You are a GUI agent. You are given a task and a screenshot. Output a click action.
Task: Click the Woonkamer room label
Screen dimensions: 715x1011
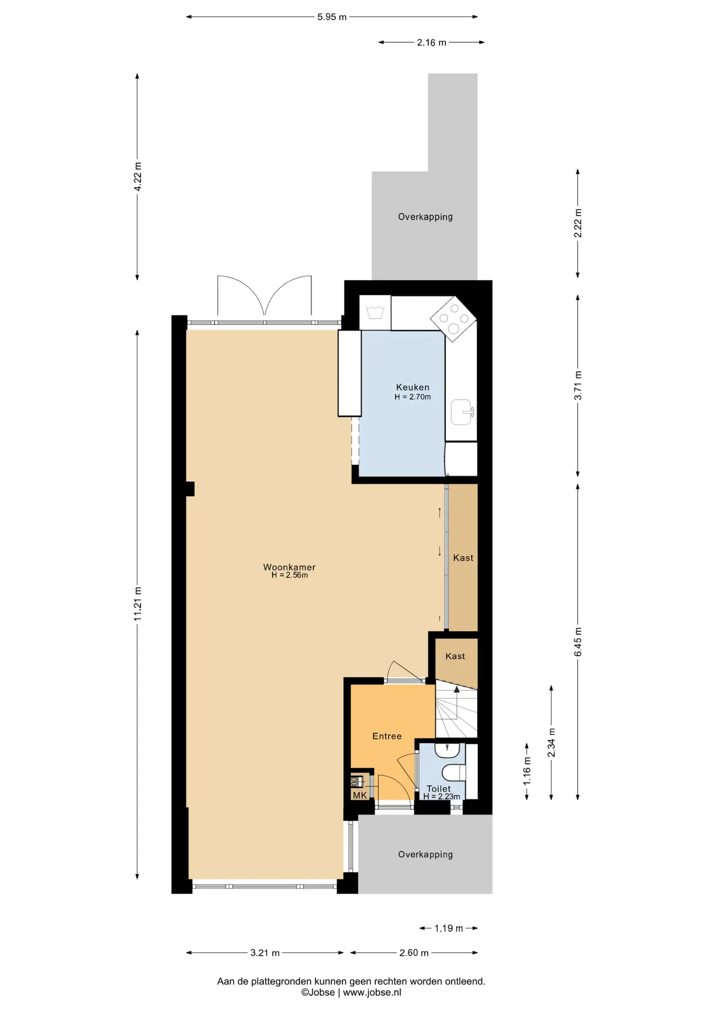pos(289,567)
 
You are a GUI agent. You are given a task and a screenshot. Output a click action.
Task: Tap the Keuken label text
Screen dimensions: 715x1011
pos(413,387)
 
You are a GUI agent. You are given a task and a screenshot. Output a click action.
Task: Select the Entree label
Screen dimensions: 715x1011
pos(387,736)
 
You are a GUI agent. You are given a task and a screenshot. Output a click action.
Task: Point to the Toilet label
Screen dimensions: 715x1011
pos(439,788)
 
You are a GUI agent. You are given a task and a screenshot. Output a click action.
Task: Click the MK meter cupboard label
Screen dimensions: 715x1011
pos(360,795)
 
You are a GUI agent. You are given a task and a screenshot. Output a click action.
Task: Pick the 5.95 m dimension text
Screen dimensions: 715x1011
pos(332,17)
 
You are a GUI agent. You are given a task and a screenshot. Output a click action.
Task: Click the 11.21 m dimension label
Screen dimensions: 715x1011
pos(137,603)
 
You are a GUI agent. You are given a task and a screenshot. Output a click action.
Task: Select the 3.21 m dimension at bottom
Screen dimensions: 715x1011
pos(265,953)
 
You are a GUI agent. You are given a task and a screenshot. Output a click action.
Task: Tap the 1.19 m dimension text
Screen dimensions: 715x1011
pos(449,928)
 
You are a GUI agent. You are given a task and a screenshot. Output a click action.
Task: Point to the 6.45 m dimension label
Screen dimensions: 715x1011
pos(578,642)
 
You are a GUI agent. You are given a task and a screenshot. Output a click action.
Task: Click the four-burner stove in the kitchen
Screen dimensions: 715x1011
pos(453,319)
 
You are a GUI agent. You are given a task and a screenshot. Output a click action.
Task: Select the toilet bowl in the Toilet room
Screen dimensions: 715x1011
pos(453,772)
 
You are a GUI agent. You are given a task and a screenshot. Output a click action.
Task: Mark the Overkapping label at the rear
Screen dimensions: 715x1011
pos(425,216)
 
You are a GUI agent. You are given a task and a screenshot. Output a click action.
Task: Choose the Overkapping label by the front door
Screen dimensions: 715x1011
pos(425,854)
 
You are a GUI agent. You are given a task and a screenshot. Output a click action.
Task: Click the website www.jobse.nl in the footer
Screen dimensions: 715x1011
pos(372,992)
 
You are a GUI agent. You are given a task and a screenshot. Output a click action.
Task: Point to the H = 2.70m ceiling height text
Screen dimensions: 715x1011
pos(413,397)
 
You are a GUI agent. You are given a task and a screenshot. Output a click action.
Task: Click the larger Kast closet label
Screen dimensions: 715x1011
pos(463,558)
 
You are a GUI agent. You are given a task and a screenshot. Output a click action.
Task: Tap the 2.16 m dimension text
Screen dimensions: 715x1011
pos(432,43)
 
